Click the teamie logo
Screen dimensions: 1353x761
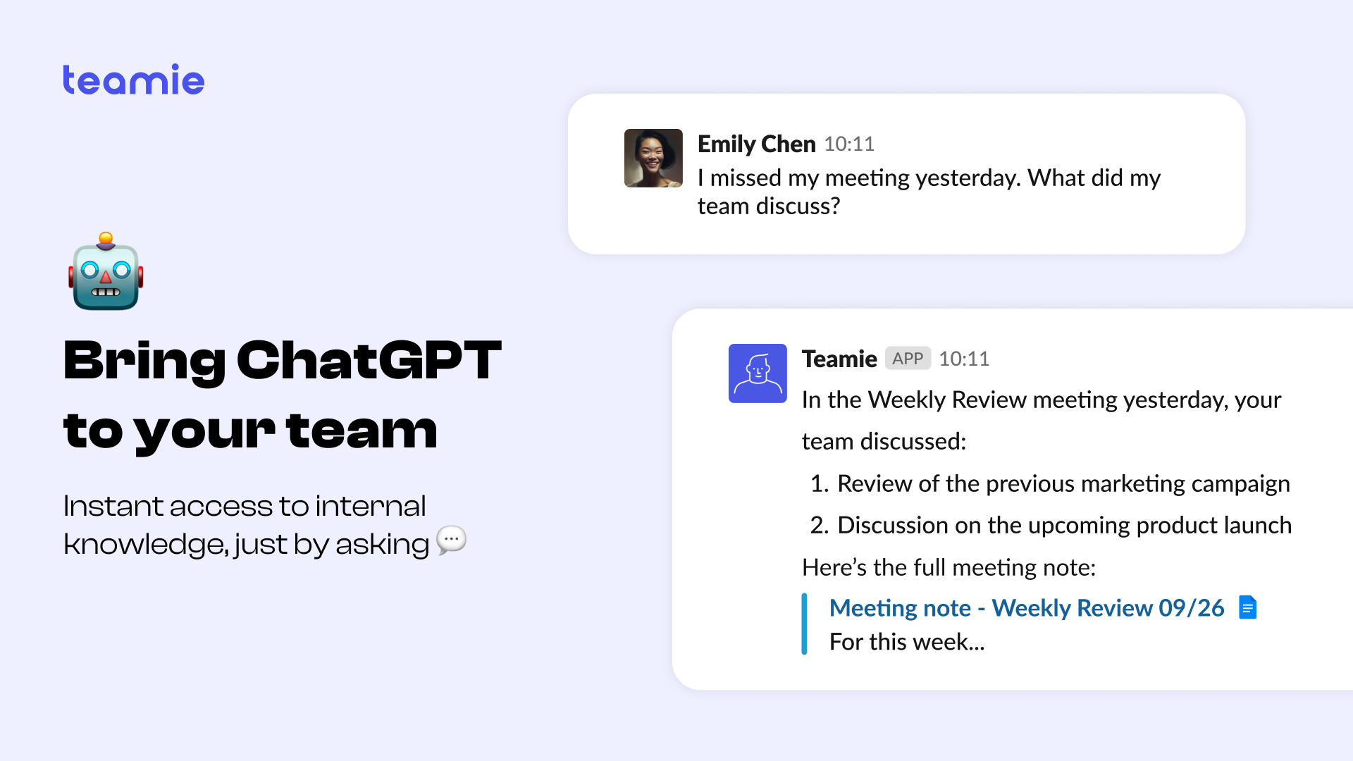tap(134, 80)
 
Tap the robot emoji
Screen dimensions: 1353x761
tap(106, 271)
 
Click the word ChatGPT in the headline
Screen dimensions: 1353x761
tap(369, 360)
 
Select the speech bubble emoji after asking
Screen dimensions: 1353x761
tap(452, 540)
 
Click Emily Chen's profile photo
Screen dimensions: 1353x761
tap(653, 158)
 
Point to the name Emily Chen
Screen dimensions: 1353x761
tap(756, 144)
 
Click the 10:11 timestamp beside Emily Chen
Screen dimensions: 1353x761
tap(849, 144)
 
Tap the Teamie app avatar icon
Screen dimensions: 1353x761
tap(758, 373)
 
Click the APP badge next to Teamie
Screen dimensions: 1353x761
tap(908, 359)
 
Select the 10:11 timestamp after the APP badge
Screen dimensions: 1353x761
tap(964, 359)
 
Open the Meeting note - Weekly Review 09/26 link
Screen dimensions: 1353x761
tap(1027, 607)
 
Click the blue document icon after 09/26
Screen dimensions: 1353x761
tap(1247, 607)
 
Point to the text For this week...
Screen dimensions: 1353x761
tap(907, 642)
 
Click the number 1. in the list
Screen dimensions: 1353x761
tap(820, 483)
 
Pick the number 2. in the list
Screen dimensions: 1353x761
tap(820, 525)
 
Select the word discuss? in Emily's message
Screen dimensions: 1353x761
tap(798, 206)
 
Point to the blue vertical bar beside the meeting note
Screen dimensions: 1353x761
tap(804, 624)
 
